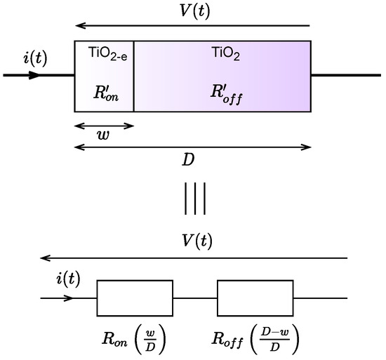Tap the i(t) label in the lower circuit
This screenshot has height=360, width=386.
click(x=67, y=281)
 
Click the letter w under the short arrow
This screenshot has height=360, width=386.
click(x=102, y=137)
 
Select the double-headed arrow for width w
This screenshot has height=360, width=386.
click(x=104, y=126)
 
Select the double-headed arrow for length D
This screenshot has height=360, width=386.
click(x=192, y=147)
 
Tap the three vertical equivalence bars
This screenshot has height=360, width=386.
click(x=194, y=199)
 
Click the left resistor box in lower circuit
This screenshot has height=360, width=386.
click(x=135, y=298)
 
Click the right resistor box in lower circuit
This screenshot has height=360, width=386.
click(x=255, y=298)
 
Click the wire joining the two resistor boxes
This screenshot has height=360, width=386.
click(x=195, y=298)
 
